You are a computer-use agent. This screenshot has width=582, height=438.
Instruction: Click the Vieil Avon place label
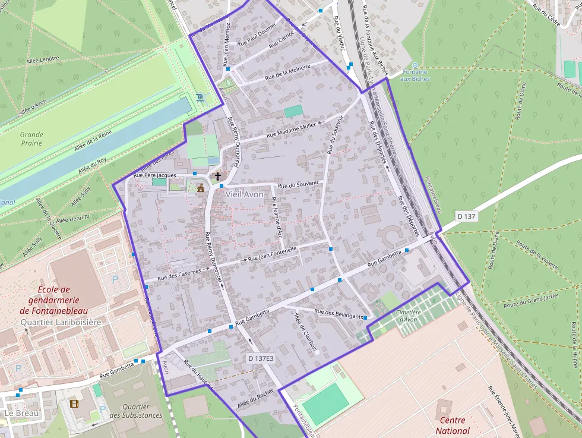[x=244, y=194]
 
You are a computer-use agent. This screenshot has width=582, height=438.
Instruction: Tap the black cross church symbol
[x=218, y=176]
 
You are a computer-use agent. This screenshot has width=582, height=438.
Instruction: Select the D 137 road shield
[x=467, y=216]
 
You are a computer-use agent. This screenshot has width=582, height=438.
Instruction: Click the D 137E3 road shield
[x=261, y=358]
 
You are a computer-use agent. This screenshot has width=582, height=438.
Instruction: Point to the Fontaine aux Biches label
[x=415, y=75]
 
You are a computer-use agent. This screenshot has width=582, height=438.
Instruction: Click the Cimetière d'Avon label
[x=408, y=316]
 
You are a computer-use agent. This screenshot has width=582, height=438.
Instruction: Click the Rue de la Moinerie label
[x=288, y=73]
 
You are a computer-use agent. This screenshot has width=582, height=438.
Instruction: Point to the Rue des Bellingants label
[x=339, y=314]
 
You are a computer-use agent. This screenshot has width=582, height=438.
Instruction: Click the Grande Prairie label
[x=31, y=138]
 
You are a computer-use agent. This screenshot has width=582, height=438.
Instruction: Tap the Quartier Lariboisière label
[x=61, y=322]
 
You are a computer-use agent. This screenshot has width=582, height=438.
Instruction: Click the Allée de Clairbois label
[x=305, y=332]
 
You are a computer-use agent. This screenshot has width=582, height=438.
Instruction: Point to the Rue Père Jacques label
[x=155, y=175]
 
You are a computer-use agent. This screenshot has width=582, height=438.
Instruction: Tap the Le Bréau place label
[x=17, y=412]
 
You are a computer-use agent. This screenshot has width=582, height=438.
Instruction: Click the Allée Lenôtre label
[x=43, y=59]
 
